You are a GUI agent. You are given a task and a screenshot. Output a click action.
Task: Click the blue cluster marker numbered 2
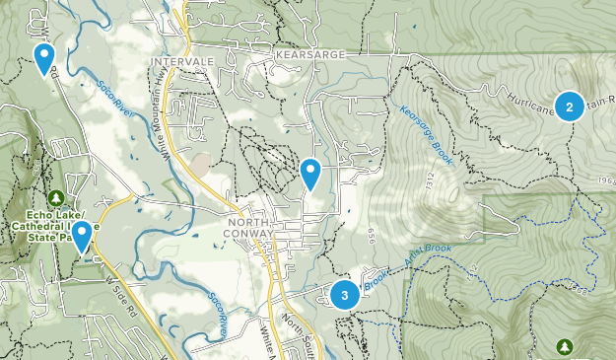point(569,105)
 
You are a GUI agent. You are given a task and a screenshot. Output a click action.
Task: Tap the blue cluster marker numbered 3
point(344,294)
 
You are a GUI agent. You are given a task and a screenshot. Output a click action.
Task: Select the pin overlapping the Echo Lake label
point(82,235)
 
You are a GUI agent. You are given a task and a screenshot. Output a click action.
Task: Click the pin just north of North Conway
point(310,174)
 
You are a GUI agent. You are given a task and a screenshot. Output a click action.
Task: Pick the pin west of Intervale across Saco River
point(43,57)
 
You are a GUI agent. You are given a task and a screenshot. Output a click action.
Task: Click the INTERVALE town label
point(175,61)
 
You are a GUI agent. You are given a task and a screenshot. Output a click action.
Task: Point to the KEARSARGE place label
point(312,54)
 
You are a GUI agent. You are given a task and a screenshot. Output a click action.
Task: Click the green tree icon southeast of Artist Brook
point(565,346)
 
